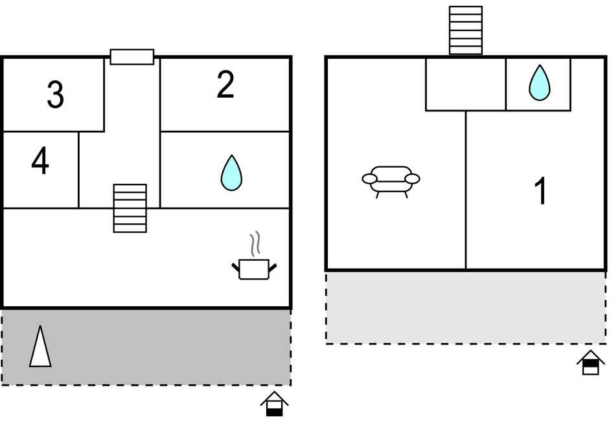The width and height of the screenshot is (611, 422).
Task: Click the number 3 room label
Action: [x=56, y=95]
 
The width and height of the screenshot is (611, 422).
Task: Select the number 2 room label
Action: [x=225, y=85]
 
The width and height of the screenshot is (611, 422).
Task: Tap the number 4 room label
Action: [x=40, y=162]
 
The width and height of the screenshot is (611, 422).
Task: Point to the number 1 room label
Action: [x=540, y=192]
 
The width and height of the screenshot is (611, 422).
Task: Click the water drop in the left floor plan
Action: [x=231, y=173]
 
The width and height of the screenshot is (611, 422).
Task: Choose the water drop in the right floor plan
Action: [x=538, y=83]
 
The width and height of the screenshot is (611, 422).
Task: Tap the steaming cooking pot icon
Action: [x=254, y=267]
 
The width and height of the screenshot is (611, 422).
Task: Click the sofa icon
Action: [x=391, y=179]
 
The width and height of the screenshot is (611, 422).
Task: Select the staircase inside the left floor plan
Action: [x=130, y=208]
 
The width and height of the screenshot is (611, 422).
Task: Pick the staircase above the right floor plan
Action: [x=466, y=30]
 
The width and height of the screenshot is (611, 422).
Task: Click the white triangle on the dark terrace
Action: [x=40, y=347]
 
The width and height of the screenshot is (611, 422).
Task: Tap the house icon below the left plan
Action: [x=274, y=404]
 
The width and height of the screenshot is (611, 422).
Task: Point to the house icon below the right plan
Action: [x=590, y=362]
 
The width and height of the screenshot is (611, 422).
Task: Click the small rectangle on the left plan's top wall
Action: [x=132, y=57]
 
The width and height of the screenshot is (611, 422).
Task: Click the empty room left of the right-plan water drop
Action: [x=465, y=84]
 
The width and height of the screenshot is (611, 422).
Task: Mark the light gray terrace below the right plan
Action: [x=465, y=307]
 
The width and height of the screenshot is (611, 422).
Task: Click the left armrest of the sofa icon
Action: [x=369, y=179]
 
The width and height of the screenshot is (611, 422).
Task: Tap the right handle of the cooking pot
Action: [x=273, y=266]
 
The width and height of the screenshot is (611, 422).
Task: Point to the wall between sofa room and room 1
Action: [x=466, y=194]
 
